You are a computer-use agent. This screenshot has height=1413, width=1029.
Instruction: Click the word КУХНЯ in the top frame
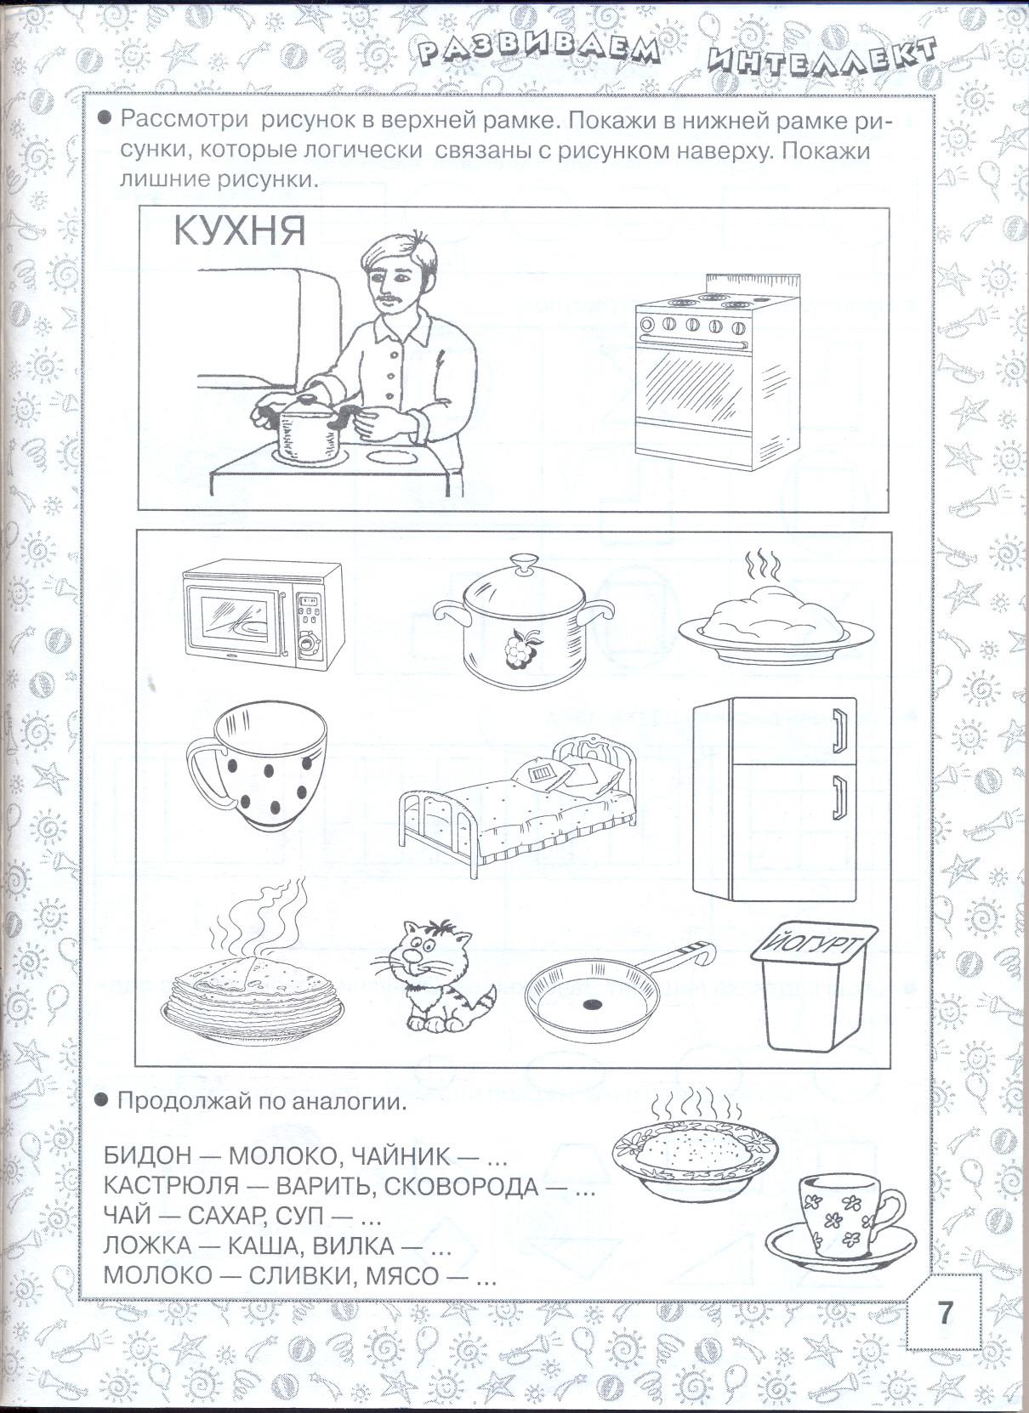(239, 231)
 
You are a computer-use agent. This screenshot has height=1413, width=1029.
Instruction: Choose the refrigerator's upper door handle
(839, 730)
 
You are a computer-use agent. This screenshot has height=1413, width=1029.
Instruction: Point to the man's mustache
(388, 297)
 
